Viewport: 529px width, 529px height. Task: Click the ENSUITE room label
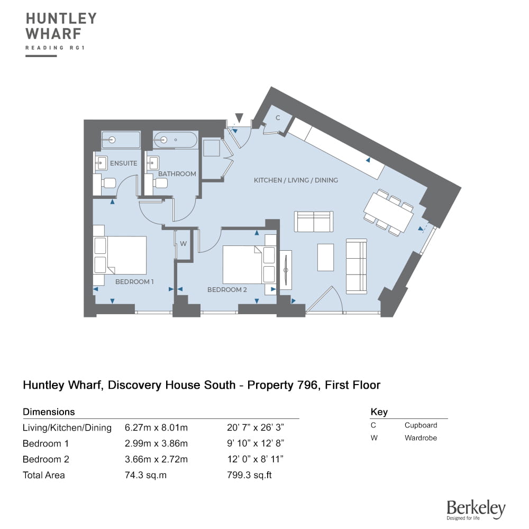coord(123,163)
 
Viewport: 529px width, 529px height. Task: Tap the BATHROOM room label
coord(177,174)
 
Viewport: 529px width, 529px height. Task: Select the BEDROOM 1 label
coord(134,282)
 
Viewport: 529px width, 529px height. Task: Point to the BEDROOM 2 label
coord(227,289)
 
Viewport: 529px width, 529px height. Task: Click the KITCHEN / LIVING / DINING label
coord(296,180)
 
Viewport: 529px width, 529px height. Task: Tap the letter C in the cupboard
coord(278,118)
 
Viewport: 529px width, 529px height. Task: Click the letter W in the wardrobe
coord(183,243)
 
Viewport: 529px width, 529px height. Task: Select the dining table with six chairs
coord(389,213)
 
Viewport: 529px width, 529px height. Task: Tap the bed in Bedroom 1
coord(120,255)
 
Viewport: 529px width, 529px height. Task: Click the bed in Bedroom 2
coord(249,264)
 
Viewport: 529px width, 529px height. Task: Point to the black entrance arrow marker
coord(239,118)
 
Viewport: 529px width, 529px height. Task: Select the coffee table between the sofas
coord(325,258)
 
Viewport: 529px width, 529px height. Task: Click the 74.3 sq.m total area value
coord(146,475)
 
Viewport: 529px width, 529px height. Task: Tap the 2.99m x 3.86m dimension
coord(156,443)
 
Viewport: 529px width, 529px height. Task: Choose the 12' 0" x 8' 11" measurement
coord(255,459)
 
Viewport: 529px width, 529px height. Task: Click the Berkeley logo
coord(476,510)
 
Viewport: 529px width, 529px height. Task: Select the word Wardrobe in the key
coord(421,438)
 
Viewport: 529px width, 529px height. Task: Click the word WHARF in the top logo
coord(53,34)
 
